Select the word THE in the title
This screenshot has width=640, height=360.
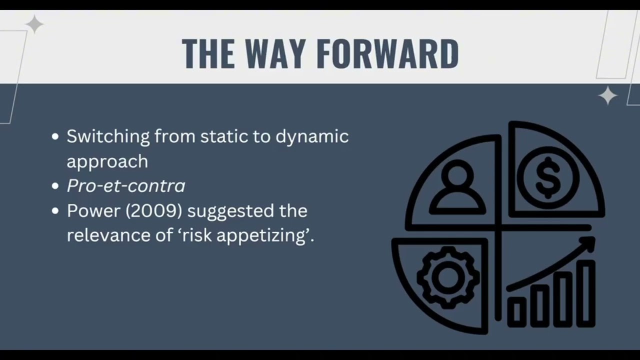coord(207,53)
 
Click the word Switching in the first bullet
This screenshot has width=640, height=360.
coord(108,136)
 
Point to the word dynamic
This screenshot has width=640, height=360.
coord(312,136)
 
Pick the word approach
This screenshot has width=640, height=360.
coord(107,161)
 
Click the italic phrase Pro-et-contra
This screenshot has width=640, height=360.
coord(126,186)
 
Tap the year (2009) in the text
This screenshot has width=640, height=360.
coord(153,210)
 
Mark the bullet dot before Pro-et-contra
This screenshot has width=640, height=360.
coord(55,186)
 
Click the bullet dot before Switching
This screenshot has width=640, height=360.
coord(55,137)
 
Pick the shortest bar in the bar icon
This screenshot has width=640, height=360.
coord(517,312)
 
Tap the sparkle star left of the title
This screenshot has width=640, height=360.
coord(34,24)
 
